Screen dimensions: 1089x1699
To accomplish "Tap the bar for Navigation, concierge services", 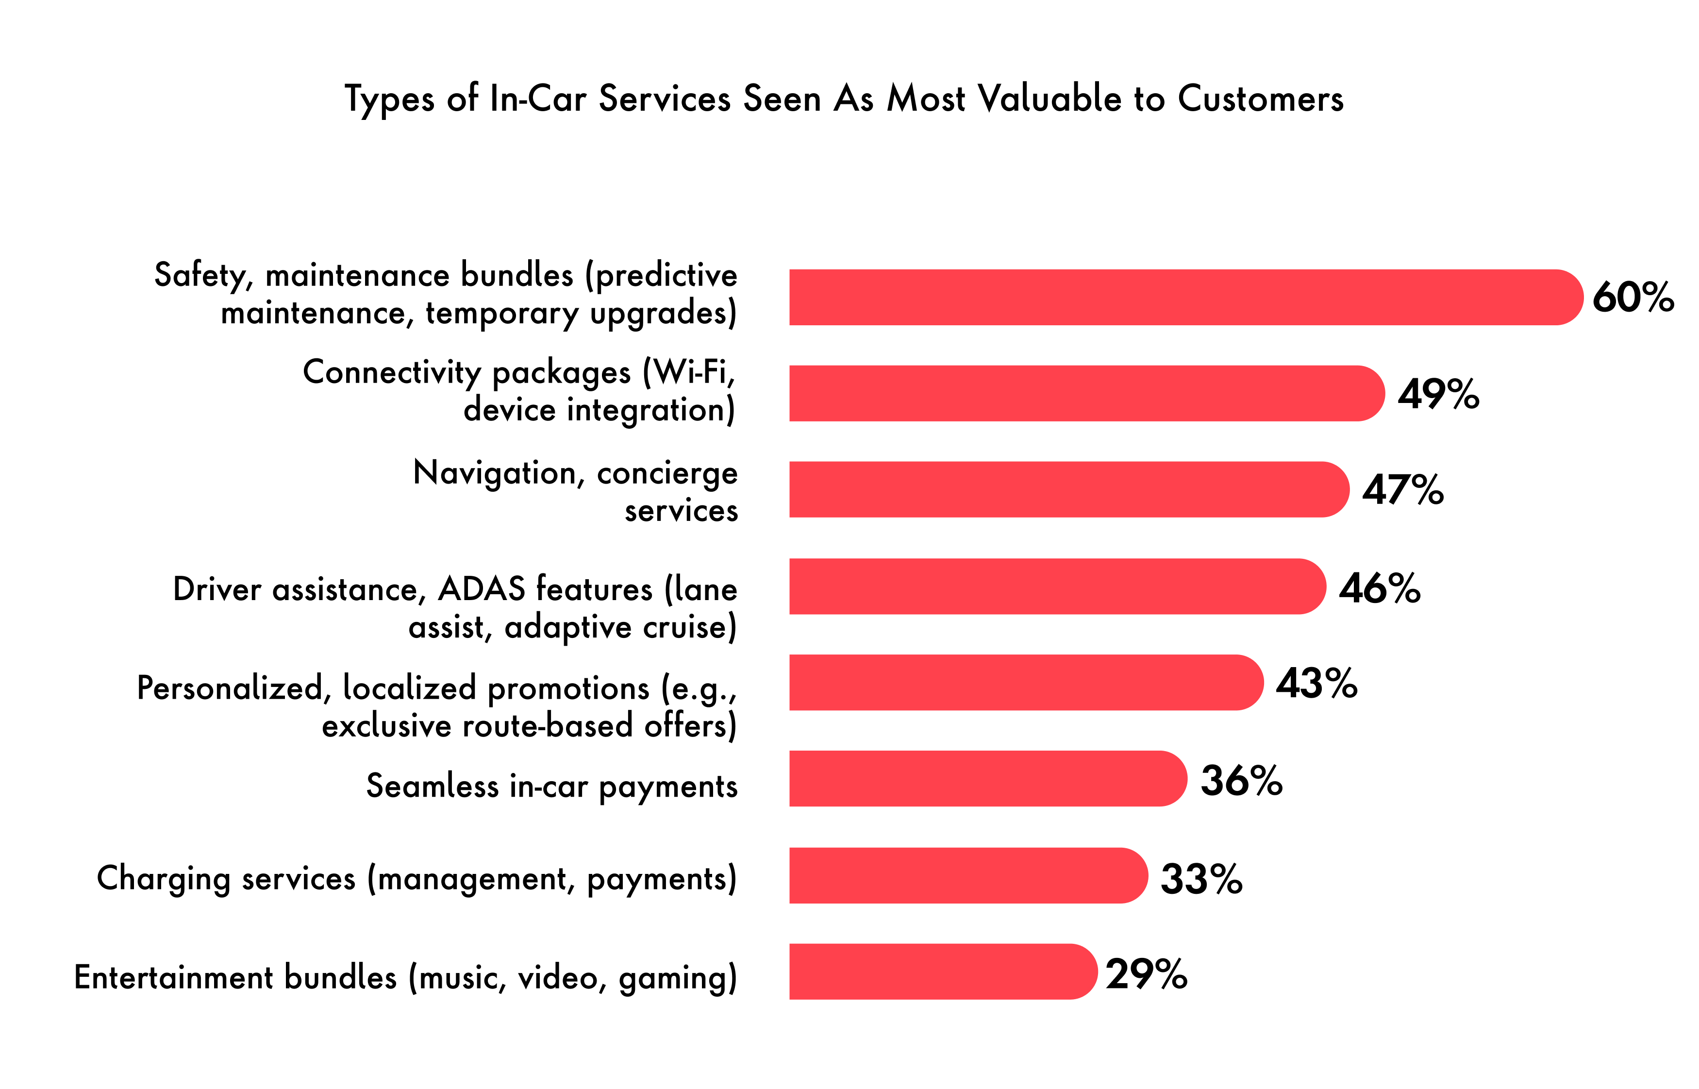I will click(1067, 489).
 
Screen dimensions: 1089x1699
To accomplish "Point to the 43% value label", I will click(1316, 683).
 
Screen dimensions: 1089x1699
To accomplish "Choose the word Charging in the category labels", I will click(163, 879).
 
